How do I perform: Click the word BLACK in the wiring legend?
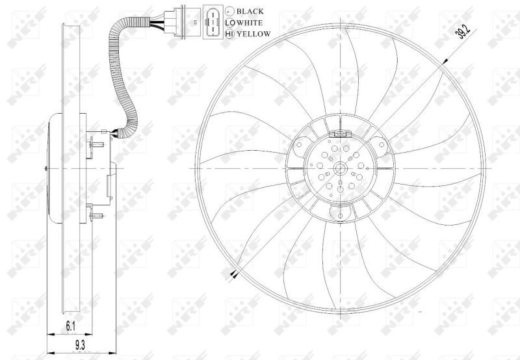pyautogui.click(x=250, y=12)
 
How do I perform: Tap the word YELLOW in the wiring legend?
pyautogui.click(x=253, y=34)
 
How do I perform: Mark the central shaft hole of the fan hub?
pyautogui.click(x=341, y=170)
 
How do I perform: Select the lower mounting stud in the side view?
pyautogui.click(x=98, y=214)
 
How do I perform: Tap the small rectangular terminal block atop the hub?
pyautogui.click(x=341, y=135)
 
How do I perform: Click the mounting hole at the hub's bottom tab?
pyautogui.click(x=341, y=212)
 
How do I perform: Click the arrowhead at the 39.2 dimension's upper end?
pyautogui.click(x=444, y=62)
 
